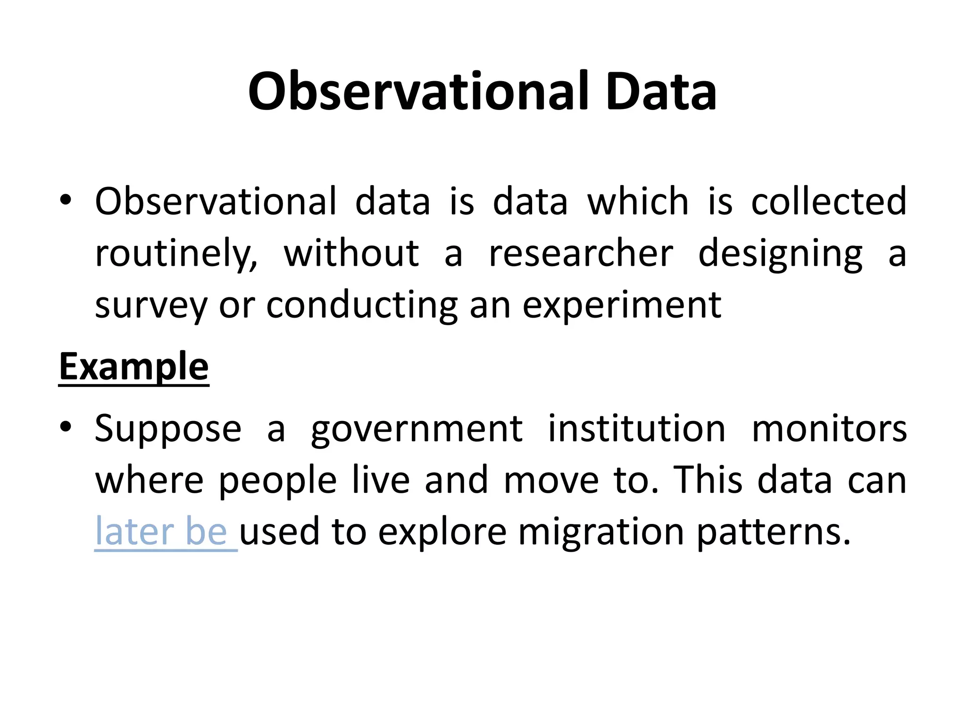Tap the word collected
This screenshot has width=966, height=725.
[829, 202]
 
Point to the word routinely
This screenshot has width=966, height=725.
[176, 253]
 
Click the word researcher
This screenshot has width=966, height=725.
[581, 253]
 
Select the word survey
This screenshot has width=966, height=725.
[151, 306]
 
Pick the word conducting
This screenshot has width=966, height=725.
[362, 306]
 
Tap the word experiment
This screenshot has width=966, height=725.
[622, 306]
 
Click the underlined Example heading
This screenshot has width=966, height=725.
[133, 367]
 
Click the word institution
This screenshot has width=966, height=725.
[636, 429]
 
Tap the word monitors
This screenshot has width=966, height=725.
[829, 429]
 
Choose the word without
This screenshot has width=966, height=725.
[351, 253]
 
